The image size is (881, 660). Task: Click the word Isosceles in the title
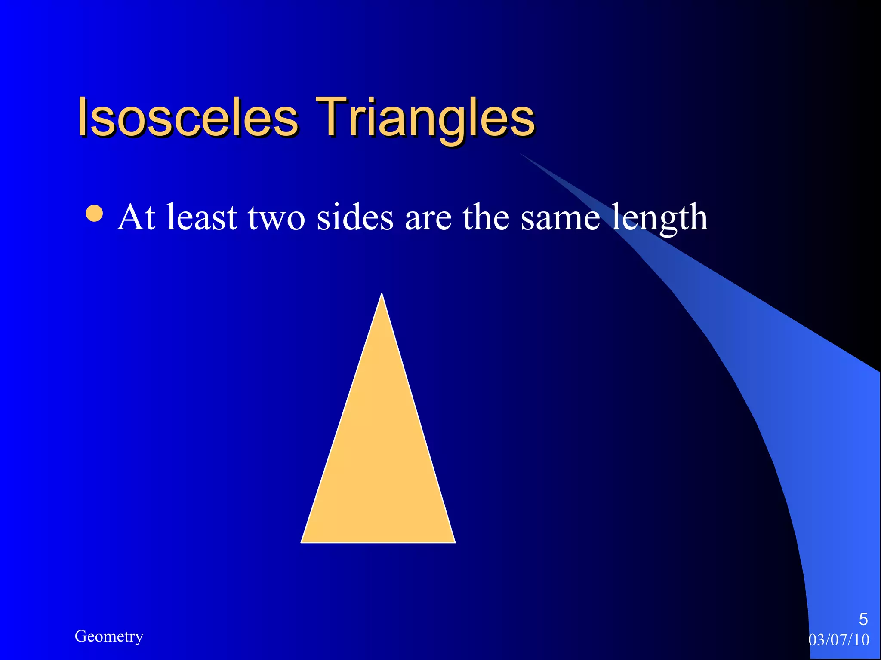[x=188, y=117]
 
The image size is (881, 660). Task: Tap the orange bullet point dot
[x=94, y=214]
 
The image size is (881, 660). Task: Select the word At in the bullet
[x=136, y=217]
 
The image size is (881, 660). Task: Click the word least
[x=201, y=217]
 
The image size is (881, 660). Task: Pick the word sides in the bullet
[x=355, y=217]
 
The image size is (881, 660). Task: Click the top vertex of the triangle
[x=382, y=296]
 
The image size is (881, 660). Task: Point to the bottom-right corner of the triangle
[x=453, y=541]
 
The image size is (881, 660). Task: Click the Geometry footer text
[x=109, y=636]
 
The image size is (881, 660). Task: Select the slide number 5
[x=863, y=619]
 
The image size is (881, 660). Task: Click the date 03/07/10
[x=839, y=640]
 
